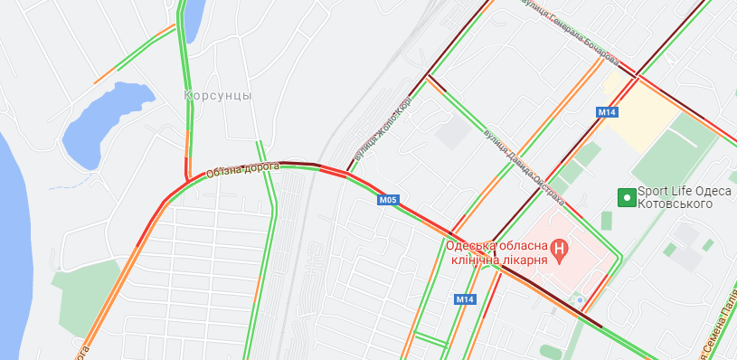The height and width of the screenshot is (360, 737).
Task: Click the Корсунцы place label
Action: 218,95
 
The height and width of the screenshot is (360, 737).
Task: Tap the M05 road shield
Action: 388,200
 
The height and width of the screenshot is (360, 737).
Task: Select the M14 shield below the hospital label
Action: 465,299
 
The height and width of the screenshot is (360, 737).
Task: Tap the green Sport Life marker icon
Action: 625,196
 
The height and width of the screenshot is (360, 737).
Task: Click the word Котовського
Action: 675,204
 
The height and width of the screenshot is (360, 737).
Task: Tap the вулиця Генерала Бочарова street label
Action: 571,33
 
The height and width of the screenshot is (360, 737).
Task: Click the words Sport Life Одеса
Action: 682,191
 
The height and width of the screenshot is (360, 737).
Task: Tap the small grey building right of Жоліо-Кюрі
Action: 453,135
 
